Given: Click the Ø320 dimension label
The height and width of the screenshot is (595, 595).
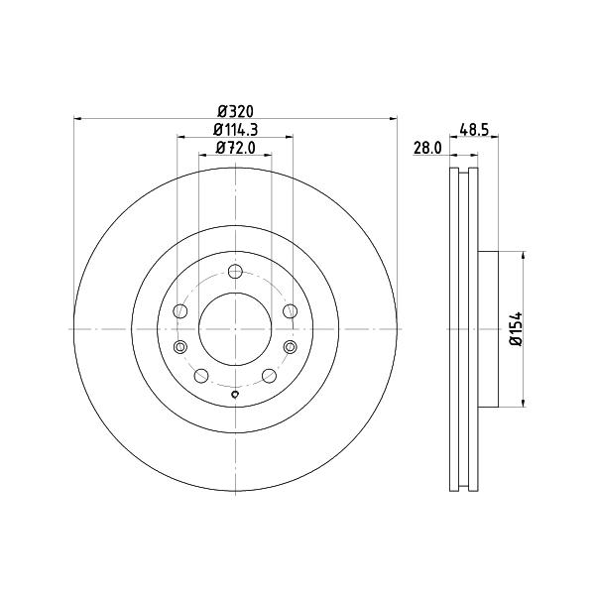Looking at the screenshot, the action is [235, 111].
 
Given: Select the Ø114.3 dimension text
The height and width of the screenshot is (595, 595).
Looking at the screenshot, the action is [235, 130].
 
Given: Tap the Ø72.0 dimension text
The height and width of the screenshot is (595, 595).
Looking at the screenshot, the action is [235, 148].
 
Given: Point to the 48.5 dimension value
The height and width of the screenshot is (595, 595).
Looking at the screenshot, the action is [474, 130].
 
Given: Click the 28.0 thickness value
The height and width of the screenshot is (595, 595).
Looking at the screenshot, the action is [427, 148].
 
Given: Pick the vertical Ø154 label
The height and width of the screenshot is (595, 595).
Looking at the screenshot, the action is [517, 328].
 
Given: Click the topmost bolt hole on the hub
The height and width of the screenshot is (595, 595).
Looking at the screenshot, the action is [235, 272].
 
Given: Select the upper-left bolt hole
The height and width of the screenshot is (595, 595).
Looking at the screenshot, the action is [179, 311].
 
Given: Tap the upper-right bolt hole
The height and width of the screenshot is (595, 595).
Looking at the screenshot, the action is [291, 311].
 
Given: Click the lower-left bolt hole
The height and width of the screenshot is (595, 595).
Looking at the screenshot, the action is [201, 376].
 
